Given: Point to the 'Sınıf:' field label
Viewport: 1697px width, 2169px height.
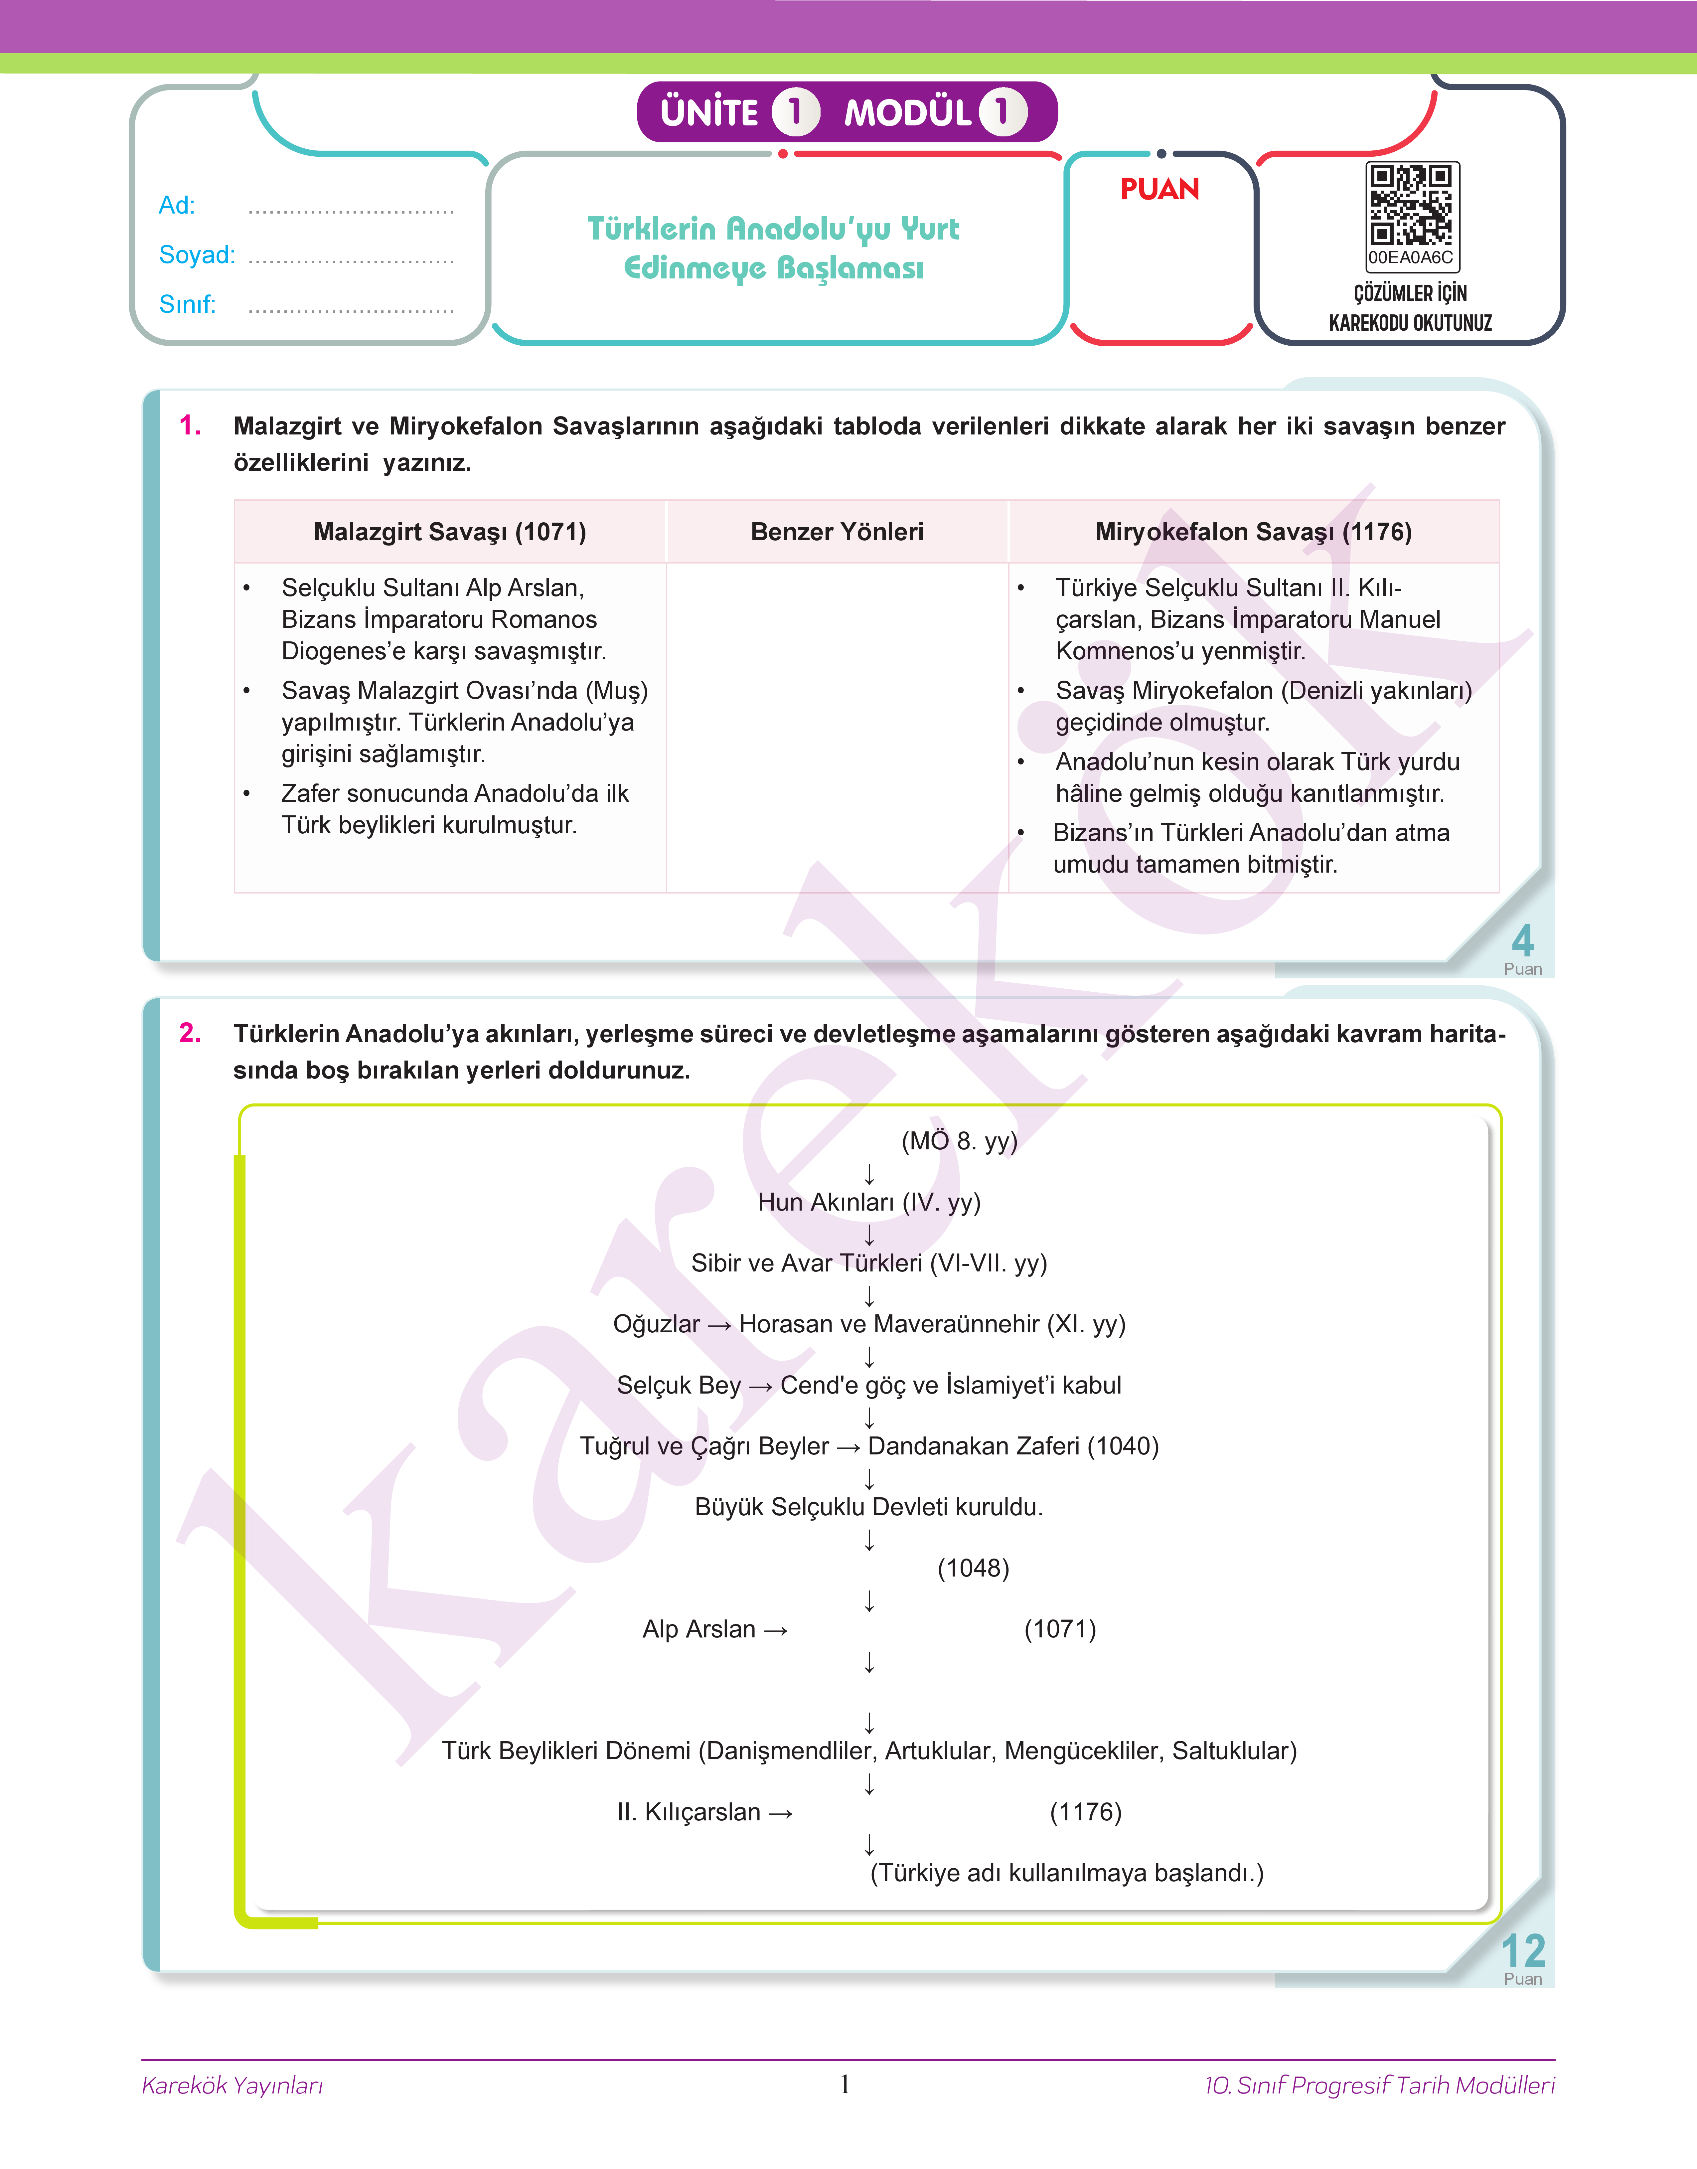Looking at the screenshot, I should pos(187,304).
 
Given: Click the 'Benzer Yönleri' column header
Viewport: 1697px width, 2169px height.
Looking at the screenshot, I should pos(837,532).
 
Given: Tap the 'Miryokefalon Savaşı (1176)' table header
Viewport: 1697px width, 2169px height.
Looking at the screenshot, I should pos(1253,532).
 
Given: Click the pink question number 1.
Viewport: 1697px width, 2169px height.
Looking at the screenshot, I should pos(190,426).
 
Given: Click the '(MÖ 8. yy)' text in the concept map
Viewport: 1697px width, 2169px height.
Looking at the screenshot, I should pos(959,1141).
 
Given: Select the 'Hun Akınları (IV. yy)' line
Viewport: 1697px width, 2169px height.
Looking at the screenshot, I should pos(868,1202).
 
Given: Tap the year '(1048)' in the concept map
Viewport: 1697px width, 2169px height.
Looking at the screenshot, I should pos(973,1568).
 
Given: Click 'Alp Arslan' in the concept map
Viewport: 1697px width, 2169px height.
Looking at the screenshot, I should pos(699,1629).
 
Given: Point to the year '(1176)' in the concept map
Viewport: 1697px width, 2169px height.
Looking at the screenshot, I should pos(1085,1812).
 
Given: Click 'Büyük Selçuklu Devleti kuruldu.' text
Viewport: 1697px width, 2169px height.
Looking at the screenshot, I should pos(868,1507).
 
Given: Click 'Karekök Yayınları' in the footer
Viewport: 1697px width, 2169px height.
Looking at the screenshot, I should pos(232,2086).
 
